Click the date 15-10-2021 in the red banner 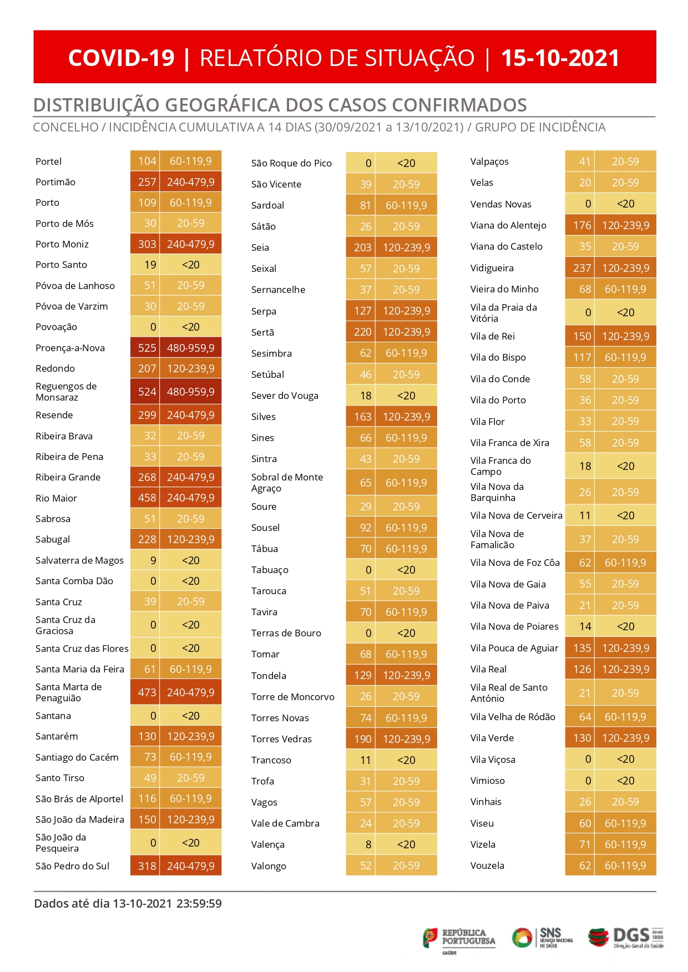(x=560, y=58)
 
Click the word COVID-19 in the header (x=121, y=58)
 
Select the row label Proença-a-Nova (x=70, y=348)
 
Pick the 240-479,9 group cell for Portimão (x=191, y=182)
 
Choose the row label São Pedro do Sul (x=72, y=866)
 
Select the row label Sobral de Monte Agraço (x=287, y=483)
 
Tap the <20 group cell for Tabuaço (x=406, y=570)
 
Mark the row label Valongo (x=269, y=866)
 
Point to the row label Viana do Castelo (x=506, y=246)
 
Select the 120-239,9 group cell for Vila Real (x=625, y=669)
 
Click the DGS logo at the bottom (x=626, y=937)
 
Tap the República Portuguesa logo (x=459, y=940)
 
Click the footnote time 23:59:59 (x=199, y=904)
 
